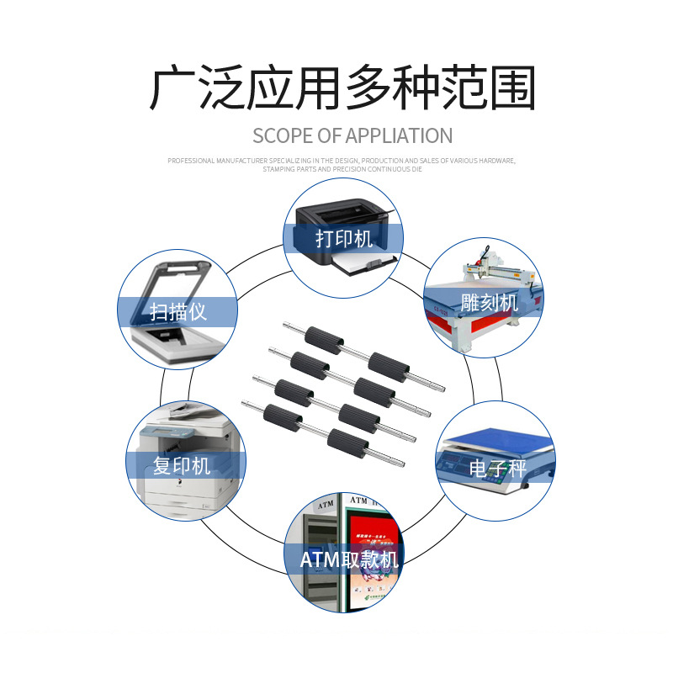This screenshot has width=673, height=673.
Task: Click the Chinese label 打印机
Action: [343, 239]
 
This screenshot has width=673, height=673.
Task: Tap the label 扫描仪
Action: [178, 312]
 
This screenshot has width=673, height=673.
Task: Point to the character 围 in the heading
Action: [509, 87]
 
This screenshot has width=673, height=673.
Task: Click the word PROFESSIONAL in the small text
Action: [191, 160]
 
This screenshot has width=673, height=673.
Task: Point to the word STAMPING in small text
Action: [277, 168]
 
